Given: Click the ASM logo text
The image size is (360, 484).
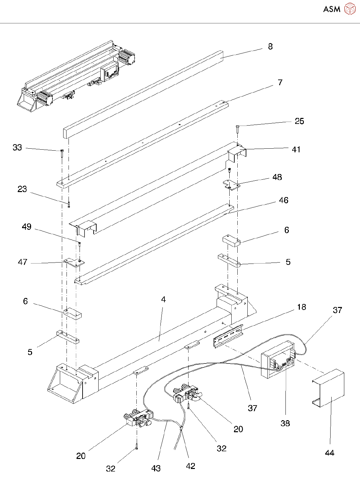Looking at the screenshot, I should pos(332,9).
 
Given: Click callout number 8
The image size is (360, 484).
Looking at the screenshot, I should pos(270,47).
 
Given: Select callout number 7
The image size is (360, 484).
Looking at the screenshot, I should pos(280,83).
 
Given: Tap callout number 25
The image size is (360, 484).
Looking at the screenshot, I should pos(299,121).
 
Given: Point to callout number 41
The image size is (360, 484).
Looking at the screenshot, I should pos(296,149).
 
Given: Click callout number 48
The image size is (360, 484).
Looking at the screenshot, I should pos(277,177).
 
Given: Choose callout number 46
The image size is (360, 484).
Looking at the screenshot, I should pos(283,200).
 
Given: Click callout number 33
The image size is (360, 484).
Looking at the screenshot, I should pos(17,147).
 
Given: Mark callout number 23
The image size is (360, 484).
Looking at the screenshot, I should pos(22,189).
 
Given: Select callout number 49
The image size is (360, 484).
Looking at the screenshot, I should pos(26,227).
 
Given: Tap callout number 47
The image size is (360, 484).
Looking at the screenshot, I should pos(22,262).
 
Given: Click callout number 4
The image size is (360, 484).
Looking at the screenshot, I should pos(163,300).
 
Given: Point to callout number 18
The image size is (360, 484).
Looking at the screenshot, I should pos(302,307).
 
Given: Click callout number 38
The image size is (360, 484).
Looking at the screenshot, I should pos(285,423).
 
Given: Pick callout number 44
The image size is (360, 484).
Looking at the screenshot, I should pos(330,453).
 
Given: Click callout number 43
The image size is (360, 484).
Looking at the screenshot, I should pos(156,468).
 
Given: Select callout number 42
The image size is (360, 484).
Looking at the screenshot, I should pos(191,466).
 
